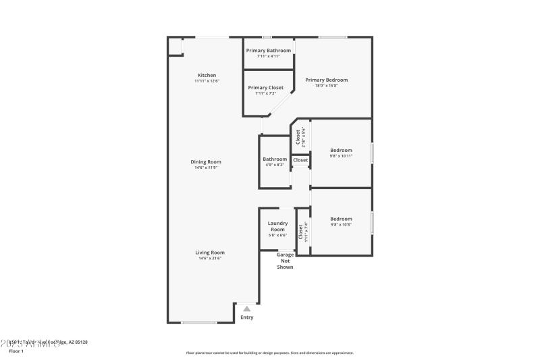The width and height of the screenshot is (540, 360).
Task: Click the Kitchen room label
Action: (207, 75)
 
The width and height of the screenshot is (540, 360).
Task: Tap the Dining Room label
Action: (206, 162)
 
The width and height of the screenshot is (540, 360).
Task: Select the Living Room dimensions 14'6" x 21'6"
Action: (210, 258)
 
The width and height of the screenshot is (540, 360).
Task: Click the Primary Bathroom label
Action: (269, 51)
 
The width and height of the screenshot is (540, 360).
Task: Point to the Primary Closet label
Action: (265, 88)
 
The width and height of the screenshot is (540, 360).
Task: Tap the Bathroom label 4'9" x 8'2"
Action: (275, 159)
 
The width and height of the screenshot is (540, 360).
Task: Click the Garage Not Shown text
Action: (285, 261)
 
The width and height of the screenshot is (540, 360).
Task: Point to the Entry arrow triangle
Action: (247, 309)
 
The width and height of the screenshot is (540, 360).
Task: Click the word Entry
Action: (247, 317)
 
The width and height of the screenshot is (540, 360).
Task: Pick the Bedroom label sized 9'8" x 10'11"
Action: (341, 150)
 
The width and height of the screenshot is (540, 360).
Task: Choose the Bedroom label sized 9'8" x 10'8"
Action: (341, 219)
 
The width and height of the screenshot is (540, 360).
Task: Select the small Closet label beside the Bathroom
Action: (300, 160)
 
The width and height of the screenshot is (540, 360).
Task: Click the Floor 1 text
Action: (16, 351)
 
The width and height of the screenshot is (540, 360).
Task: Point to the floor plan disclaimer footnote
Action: (269, 353)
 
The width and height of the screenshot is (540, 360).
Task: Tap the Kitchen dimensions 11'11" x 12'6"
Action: (207, 81)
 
